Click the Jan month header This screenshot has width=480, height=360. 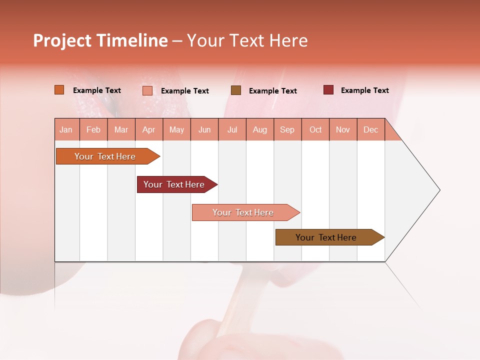[x=66, y=129]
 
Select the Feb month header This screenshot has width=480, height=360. [x=93, y=129]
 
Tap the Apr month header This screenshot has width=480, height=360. [x=148, y=129]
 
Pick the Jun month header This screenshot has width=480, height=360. [x=204, y=129]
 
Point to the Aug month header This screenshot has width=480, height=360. [x=259, y=129]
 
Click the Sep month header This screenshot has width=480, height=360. [x=287, y=129]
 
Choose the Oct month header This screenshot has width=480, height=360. [x=315, y=129]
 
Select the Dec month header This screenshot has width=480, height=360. [x=370, y=129]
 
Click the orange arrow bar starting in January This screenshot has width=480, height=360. [x=105, y=156]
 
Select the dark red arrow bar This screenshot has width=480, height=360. [x=174, y=184]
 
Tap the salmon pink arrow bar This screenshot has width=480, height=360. [x=243, y=212]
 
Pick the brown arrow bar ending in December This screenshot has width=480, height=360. [x=326, y=237]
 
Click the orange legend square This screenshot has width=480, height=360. [x=59, y=90]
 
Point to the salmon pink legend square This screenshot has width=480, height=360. [x=147, y=90]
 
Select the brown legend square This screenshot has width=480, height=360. [x=236, y=90]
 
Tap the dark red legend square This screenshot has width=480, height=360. [x=328, y=90]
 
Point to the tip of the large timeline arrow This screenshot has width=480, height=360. [x=438, y=190]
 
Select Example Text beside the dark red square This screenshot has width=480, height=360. [x=364, y=90]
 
